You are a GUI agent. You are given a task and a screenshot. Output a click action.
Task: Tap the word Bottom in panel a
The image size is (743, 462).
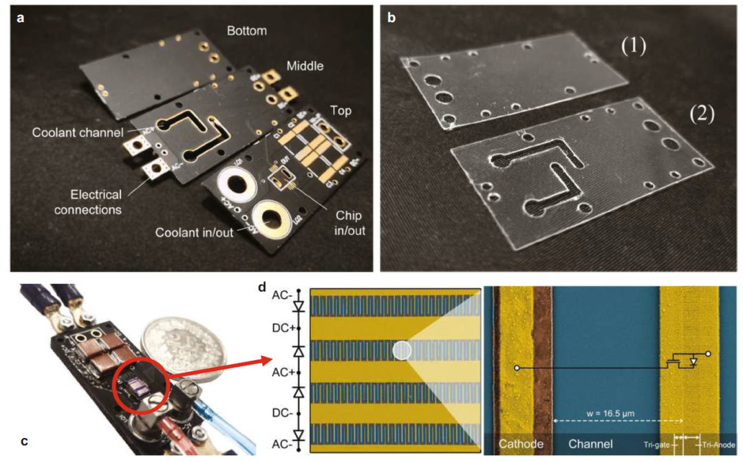point(246,31)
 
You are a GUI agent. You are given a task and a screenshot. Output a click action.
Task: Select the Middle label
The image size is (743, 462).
point(303,66)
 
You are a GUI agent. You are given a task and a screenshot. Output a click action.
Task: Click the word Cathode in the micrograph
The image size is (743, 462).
point(521,443)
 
